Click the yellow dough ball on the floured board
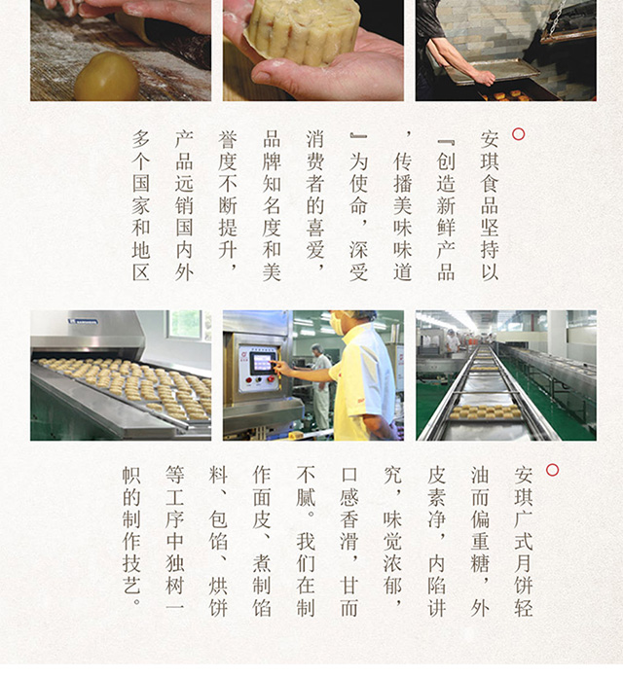click(106, 77)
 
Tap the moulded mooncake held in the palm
click(303, 30)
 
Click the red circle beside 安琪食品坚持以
click(518, 134)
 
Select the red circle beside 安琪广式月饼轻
click(553, 470)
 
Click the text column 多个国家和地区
click(141, 206)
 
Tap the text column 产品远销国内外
click(184, 206)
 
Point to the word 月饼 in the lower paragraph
click(523, 574)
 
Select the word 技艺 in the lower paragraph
click(131, 574)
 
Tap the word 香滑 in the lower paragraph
click(349, 530)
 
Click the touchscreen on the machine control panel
click(262, 363)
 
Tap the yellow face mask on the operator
click(337, 324)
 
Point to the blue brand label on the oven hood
click(83, 321)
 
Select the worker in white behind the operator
click(320, 386)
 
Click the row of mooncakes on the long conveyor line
click(486, 411)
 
